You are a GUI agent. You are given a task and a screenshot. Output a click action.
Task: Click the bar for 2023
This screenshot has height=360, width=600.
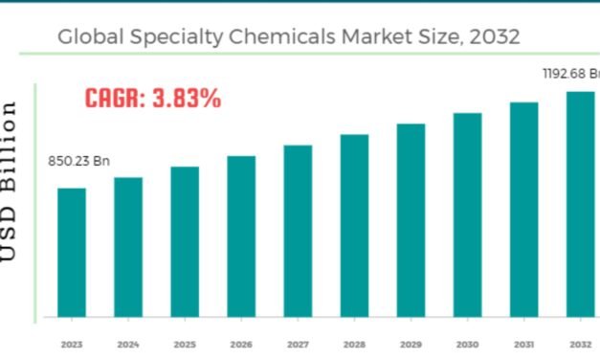[x=72, y=252]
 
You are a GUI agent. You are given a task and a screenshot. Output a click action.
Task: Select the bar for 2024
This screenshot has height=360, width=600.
[x=128, y=246]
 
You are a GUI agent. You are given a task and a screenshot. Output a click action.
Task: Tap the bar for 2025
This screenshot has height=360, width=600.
[x=185, y=241]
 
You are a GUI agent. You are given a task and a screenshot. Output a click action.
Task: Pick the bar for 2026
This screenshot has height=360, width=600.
[x=241, y=236]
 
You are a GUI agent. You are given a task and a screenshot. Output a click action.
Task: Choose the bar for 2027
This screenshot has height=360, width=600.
[x=298, y=231]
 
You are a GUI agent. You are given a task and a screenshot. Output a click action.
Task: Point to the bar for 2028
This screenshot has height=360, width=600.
[x=354, y=225]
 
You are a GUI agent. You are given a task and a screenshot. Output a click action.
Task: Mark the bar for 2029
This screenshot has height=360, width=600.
[x=411, y=219]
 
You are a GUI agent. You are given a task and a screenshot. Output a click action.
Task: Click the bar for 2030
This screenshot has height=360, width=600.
[x=467, y=214]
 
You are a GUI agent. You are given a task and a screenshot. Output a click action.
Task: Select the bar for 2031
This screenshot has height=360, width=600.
[x=523, y=209]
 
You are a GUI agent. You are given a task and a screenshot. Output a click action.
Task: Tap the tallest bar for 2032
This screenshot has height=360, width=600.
[x=580, y=204]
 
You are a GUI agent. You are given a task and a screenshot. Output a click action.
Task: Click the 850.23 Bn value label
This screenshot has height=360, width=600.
[x=78, y=161]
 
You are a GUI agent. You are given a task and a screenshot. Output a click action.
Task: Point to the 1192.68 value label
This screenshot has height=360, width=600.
[x=571, y=72]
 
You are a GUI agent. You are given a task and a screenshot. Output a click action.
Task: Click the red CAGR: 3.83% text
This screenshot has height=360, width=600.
[x=153, y=98]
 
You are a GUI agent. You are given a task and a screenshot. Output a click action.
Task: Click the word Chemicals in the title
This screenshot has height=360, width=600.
[x=292, y=37]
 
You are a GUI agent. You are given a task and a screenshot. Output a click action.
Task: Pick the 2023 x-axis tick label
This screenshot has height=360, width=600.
[x=72, y=343]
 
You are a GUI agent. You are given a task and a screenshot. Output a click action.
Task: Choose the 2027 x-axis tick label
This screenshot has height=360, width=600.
[x=298, y=343]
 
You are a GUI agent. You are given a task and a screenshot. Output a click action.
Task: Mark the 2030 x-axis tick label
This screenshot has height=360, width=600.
[x=467, y=343]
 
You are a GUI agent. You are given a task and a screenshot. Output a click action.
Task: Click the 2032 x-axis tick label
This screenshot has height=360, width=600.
[x=580, y=343]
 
